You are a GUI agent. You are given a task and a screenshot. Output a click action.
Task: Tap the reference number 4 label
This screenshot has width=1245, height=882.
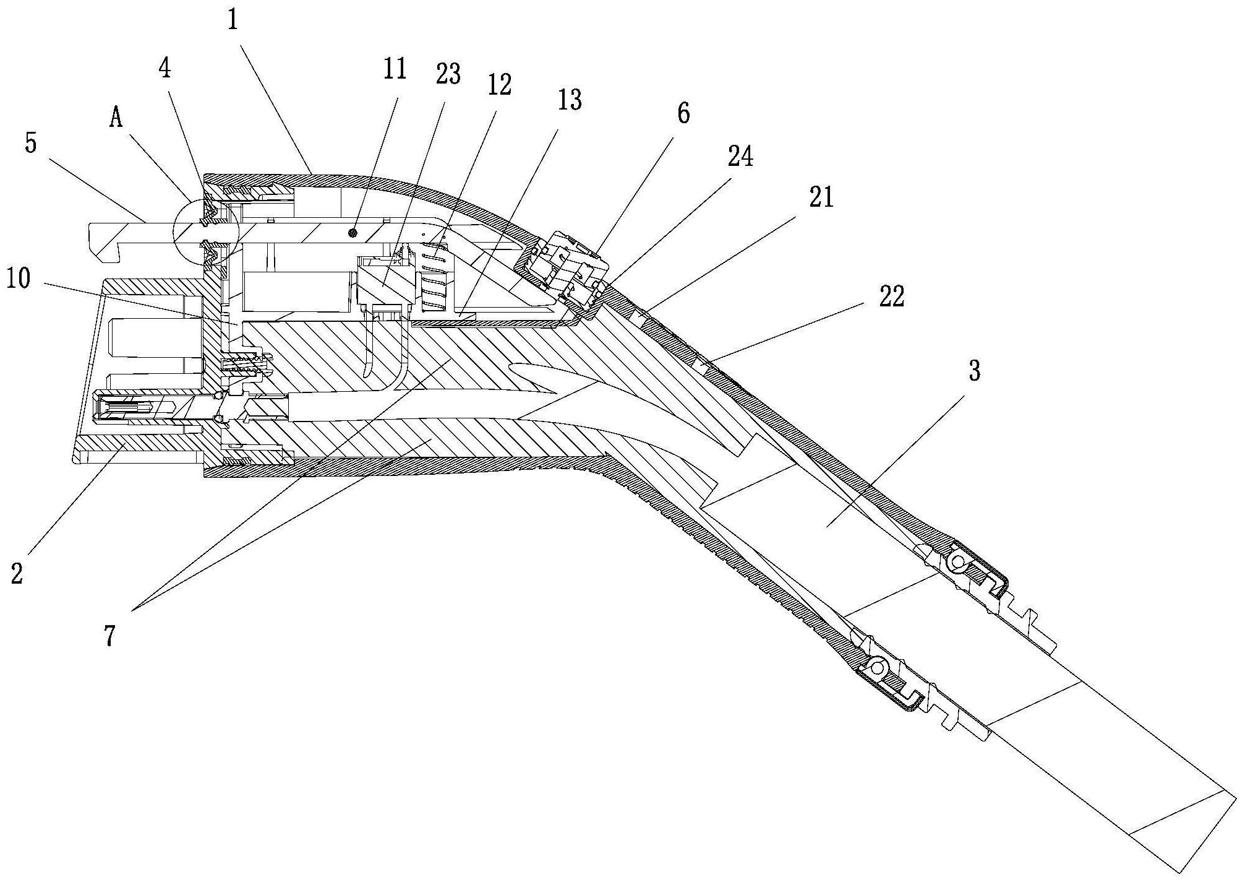(164, 70)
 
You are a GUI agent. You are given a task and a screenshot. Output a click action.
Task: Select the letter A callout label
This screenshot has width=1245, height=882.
(116, 118)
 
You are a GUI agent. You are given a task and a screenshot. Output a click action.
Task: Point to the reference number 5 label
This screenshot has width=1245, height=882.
(31, 143)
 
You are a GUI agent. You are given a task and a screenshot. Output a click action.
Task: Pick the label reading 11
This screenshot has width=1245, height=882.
(395, 69)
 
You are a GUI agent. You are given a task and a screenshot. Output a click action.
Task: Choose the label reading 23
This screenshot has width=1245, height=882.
(448, 75)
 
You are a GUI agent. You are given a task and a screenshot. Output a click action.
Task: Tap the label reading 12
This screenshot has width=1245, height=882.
(499, 85)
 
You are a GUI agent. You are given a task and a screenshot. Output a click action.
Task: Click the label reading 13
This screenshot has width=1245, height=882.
(569, 99)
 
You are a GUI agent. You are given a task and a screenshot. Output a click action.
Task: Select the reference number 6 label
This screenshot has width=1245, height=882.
(683, 114)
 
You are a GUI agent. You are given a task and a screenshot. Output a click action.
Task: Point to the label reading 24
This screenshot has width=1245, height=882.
(740, 157)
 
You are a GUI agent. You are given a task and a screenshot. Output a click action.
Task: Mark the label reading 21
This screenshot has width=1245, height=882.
(821, 198)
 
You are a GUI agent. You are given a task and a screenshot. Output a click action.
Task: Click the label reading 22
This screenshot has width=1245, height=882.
(891, 296)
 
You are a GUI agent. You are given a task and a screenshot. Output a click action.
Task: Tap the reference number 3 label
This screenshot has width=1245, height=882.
(974, 371)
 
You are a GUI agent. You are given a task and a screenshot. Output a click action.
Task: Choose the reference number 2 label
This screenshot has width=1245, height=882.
(17, 573)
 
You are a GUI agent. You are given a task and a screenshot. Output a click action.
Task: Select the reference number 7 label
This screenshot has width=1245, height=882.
(109, 636)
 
